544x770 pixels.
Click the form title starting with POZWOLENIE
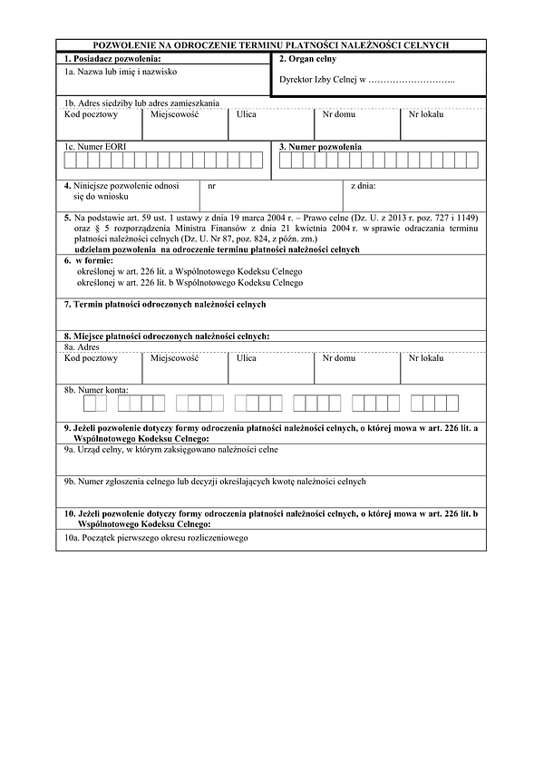(x=272, y=44)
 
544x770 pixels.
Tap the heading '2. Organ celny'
(x=308, y=58)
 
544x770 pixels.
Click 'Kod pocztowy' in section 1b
(x=92, y=115)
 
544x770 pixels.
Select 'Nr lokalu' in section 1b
(x=425, y=115)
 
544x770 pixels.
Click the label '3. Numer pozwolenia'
(x=320, y=146)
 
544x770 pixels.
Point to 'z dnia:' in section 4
(x=363, y=186)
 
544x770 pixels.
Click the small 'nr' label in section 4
(x=211, y=186)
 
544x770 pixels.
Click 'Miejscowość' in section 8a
(x=175, y=358)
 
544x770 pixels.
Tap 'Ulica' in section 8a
(x=246, y=358)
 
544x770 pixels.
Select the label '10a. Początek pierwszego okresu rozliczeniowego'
(x=156, y=538)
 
